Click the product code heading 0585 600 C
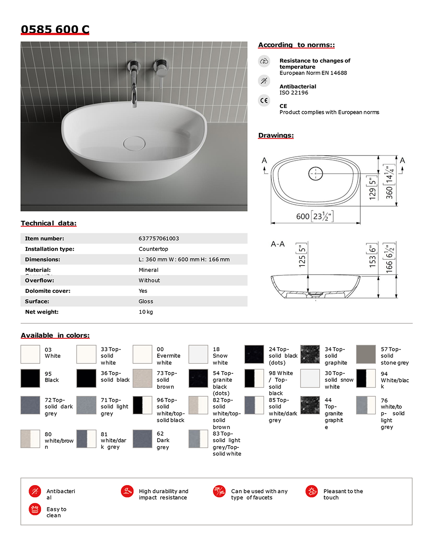pos(55,29)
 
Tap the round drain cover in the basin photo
pos(134,143)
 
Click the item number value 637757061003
pos(158,239)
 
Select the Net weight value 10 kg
pos(145,312)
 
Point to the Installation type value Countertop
pos(153,249)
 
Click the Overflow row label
pos(39,281)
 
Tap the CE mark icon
pos(264,100)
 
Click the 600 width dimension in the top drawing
pos(303,216)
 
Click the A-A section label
pos(278,244)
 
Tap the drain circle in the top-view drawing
pos(316,174)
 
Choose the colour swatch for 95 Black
pos(30,378)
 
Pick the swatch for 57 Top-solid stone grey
pos(366,354)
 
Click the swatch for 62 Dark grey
pos(142,439)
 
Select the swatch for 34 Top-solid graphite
pos(310,354)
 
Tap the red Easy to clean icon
pos(35,509)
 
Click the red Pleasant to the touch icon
pos(311,491)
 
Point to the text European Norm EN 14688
pos(313,73)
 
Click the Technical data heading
pos(48,223)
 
